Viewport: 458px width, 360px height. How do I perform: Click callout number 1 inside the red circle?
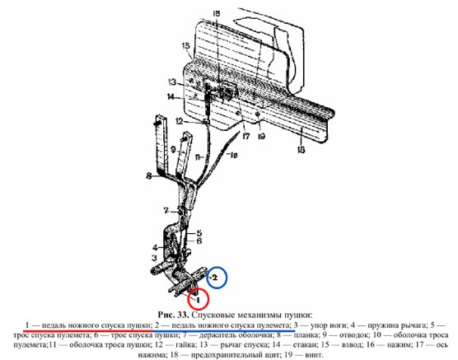[x=199, y=300]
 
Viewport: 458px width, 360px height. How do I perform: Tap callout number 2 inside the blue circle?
[x=215, y=278]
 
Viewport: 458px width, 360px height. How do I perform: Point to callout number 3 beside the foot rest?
[x=154, y=258]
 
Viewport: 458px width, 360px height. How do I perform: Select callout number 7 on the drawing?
[x=166, y=210]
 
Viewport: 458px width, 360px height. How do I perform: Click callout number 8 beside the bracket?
[x=149, y=176]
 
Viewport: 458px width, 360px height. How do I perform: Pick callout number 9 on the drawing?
[x=173, y=150]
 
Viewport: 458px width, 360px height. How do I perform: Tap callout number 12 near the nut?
[x=180, y=120]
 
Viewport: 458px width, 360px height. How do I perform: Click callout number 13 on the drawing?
[x=172, y=82]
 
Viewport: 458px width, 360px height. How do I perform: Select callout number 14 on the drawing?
[x=171, y=96]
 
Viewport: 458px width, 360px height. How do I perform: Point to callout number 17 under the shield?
[x=246, y=136]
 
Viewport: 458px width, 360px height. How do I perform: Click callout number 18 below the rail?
[x=301, y=150]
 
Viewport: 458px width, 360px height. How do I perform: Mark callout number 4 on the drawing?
[x=155, y=248]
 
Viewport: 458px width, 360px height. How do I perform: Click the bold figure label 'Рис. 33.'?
[x=174, y=315]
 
